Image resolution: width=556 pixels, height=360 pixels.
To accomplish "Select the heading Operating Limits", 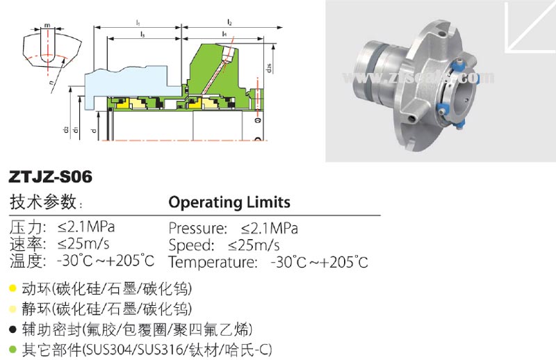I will point(229,202).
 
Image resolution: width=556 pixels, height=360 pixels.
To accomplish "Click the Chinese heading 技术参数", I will point(42,202).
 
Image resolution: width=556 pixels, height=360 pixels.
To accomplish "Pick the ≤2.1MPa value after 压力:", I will point(86,227).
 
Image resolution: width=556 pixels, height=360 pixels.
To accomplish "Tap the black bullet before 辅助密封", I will point(13,327).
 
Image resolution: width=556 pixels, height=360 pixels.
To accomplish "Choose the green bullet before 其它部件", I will point(13,347).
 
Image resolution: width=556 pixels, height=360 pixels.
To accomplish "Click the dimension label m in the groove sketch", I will point(47,26).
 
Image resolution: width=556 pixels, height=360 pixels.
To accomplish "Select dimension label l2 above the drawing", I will point(229,24).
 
